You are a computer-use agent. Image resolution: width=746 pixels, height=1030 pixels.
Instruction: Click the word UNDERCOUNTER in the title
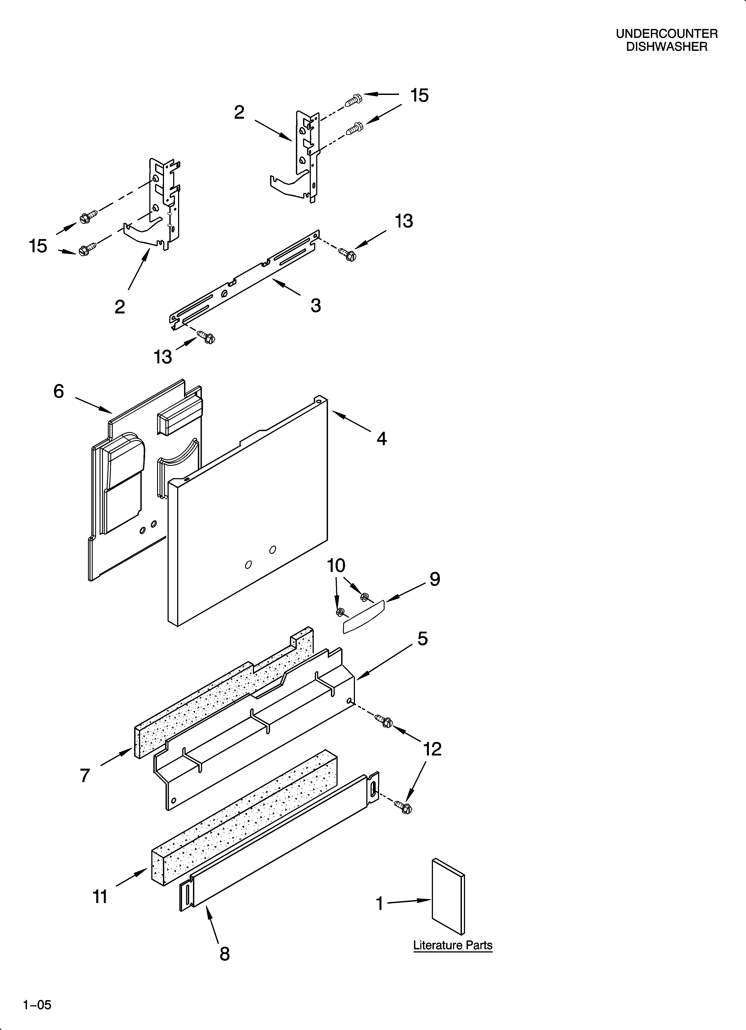(666, 34)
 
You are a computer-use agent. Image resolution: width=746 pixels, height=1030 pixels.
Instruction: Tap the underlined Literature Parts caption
(453, 945)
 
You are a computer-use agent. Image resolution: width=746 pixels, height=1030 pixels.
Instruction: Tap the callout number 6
(59, 391)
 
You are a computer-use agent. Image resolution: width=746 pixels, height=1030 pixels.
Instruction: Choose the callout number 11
(100, 897)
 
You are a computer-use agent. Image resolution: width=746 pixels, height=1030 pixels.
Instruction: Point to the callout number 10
(336, 566)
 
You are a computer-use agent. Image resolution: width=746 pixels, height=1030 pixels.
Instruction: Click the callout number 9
(435, 579)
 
